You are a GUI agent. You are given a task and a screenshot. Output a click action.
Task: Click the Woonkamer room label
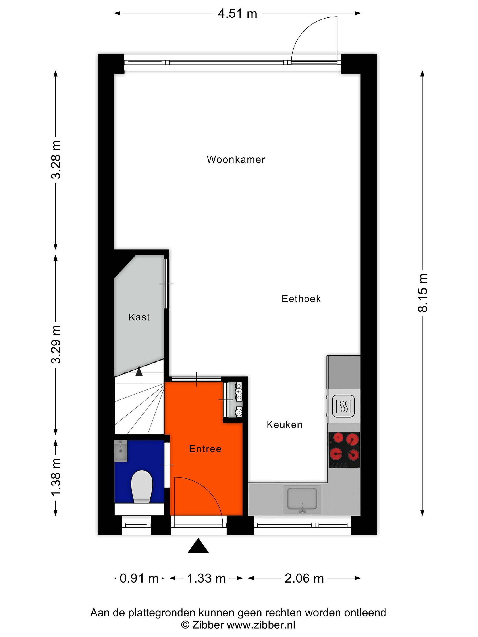[236, 159]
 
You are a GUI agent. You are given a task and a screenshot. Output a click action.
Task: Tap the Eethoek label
[301, 299]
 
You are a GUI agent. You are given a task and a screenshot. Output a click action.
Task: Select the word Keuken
[284, 424]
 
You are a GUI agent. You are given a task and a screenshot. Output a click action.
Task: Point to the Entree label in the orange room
[205, 449]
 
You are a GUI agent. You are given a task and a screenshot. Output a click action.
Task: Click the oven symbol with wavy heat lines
[343, 406]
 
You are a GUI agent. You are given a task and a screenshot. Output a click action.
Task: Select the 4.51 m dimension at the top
[237, 13]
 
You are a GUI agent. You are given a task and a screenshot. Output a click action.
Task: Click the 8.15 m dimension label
[423, 293]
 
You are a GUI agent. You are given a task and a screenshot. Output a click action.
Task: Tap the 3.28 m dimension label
[56, 160]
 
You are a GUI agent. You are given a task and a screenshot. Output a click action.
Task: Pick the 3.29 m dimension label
[56, 344]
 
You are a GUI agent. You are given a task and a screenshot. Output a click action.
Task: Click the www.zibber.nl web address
[261, 625]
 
